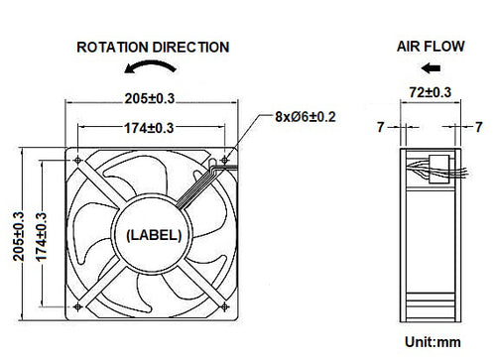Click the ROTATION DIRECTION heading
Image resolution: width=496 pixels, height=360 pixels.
point(153,47)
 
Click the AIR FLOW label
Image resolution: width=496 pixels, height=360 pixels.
point(430,47)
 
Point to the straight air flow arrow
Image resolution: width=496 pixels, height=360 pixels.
point(431,68)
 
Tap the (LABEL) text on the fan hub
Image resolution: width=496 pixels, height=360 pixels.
point(152,235)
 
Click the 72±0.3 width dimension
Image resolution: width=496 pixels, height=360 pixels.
point(431,93)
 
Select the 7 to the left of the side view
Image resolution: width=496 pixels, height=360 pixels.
point(380,127)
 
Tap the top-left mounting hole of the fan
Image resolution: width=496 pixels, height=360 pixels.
point(78,161)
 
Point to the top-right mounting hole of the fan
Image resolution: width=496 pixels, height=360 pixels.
point(227,160)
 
